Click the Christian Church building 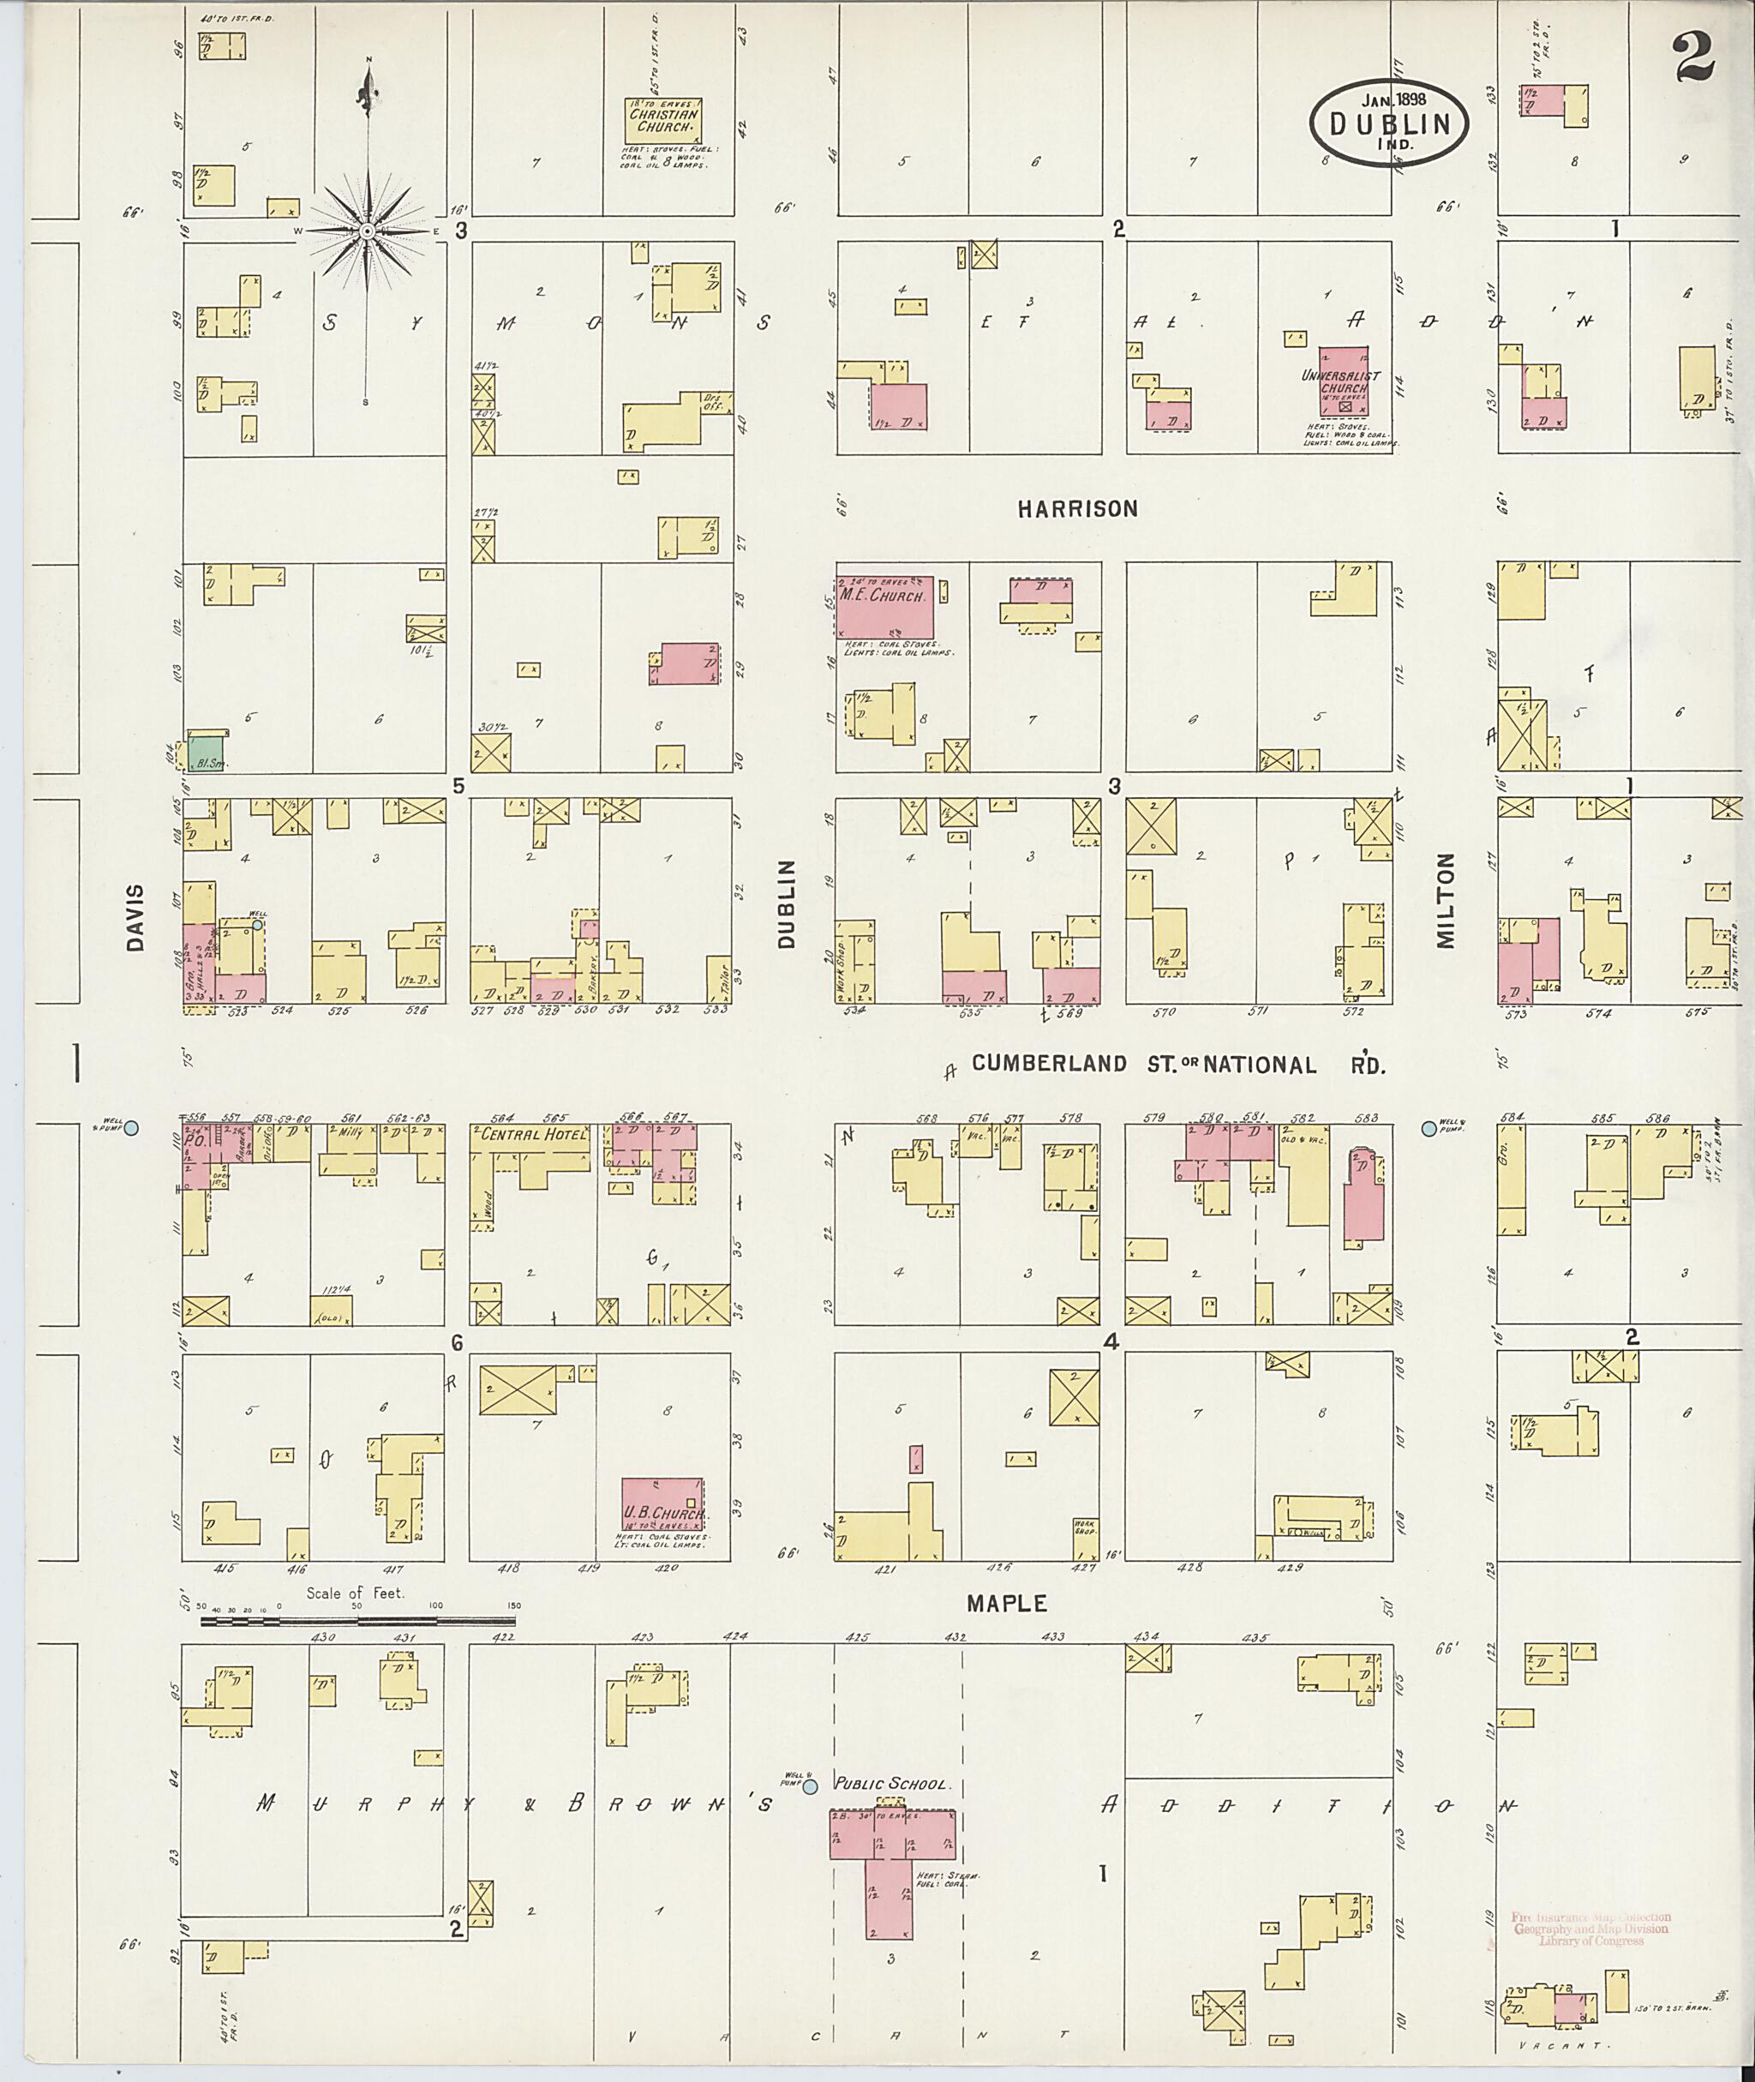pyautogui.click(x=663, y=122)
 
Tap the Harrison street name pyautogui.click(x=1076, y=508)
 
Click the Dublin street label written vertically pyautogui.click(x=788, y=903)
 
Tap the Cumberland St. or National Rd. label pyautogui.click(x=1178, y=1064)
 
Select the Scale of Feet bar pyautogui.click(x=359, y=1621)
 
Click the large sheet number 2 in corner pyautogui.click(x=1693, y=57)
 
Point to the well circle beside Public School pyautogui.click(x=810, y=1787)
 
